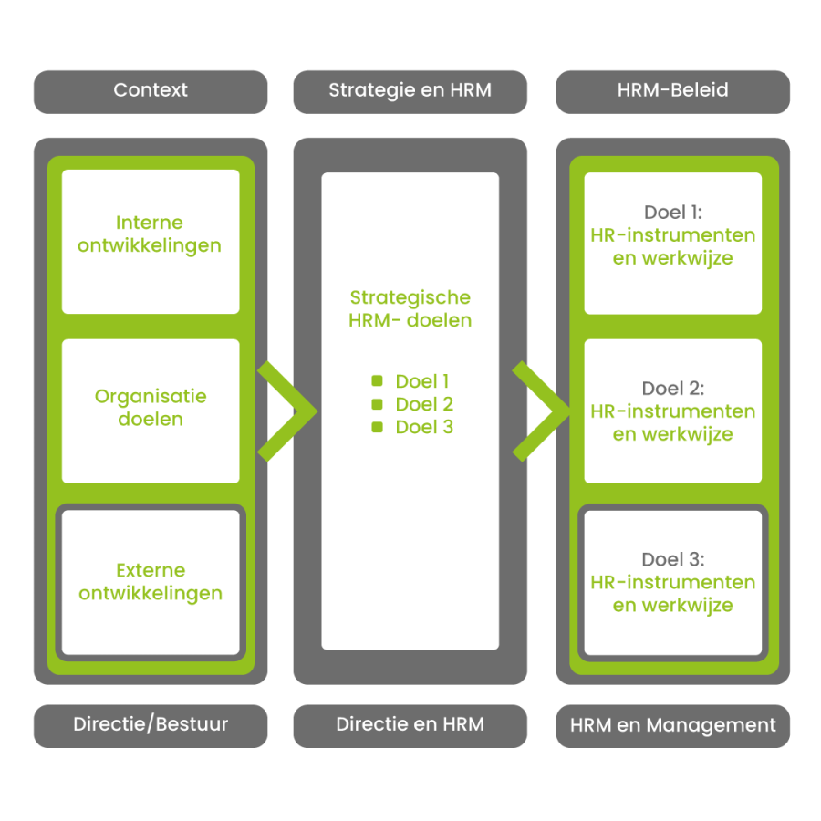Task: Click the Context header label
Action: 151,90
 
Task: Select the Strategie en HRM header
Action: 410,90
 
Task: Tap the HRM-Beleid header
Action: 673,90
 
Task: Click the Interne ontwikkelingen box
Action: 151,242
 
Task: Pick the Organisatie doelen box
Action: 151,411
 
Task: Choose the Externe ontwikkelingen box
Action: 151,582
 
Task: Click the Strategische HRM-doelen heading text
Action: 410,308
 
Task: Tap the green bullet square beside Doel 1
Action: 377,380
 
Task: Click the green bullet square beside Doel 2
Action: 377,404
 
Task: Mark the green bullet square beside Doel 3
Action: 377,427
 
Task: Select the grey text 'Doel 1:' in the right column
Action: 673,212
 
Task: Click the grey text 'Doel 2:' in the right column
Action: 673,388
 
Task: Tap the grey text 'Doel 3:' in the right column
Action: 673,559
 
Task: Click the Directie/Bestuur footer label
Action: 151,724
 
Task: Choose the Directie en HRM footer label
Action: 410,724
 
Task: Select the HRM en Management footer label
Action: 673,725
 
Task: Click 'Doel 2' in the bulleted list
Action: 424,404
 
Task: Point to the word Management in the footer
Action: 711,726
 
